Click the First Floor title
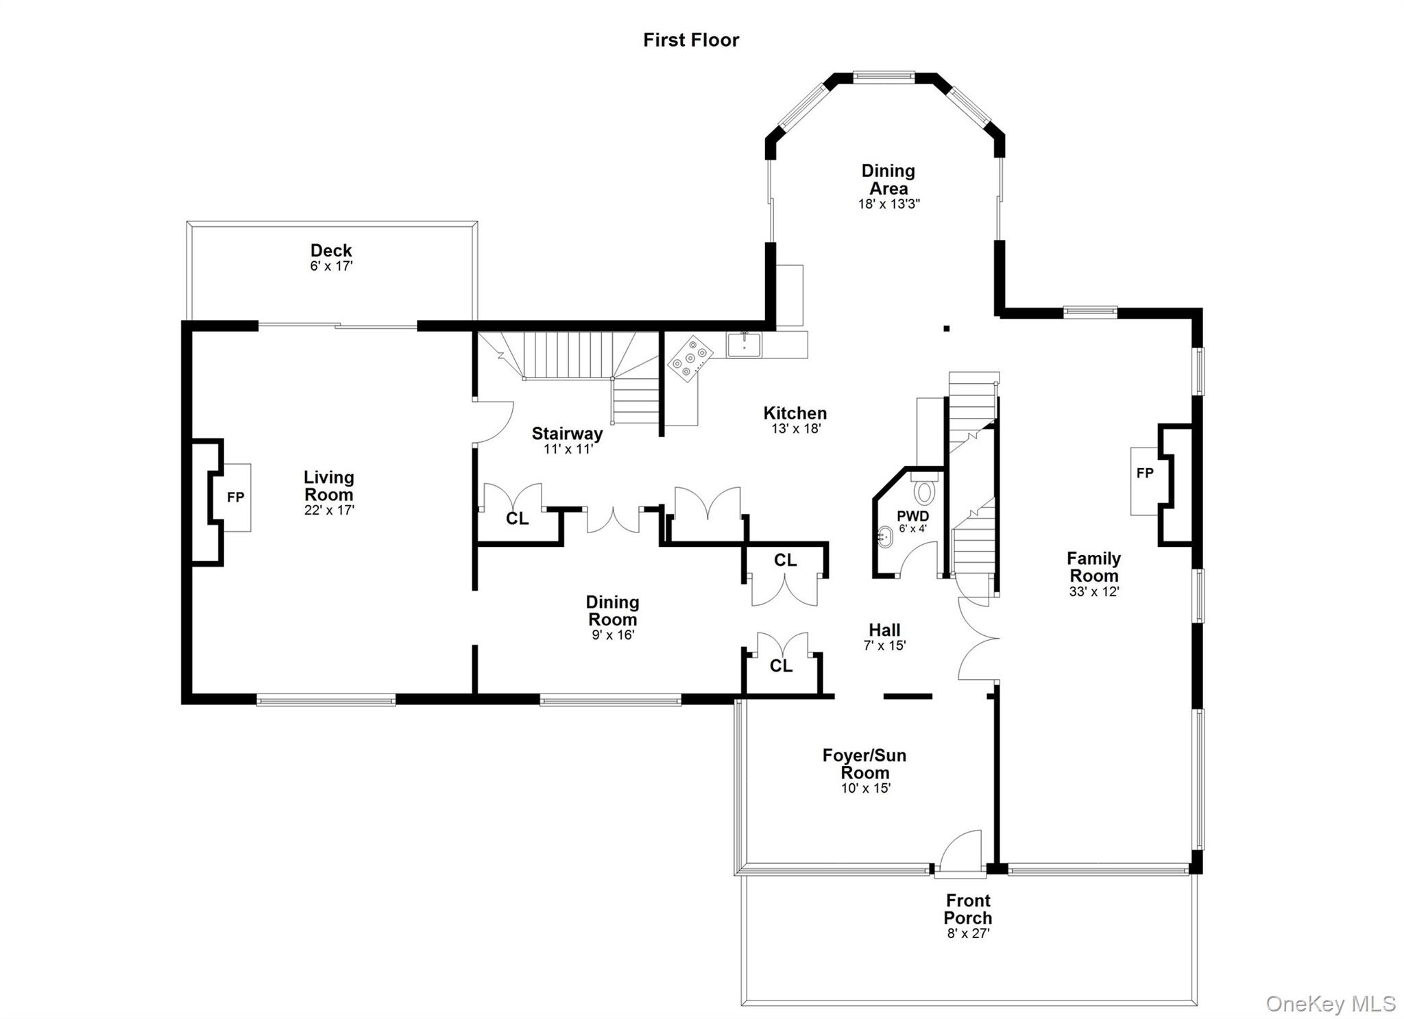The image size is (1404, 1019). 690,40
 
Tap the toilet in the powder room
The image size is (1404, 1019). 925,491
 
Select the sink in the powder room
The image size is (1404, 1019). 885,537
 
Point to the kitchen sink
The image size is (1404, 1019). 745,345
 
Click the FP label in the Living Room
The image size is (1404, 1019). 235,498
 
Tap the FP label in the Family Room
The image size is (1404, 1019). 1144,473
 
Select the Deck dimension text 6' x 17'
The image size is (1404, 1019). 331,267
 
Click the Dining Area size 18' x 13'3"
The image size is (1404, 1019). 888,204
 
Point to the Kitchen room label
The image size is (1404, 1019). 795,413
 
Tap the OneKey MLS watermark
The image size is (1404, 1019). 1330,1004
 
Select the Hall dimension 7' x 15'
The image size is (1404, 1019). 884,646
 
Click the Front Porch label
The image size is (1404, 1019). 967,909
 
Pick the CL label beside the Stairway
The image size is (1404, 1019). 517,519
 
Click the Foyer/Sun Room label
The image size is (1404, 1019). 864,764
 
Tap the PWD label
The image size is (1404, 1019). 912,516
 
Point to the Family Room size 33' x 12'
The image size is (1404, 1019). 1093,592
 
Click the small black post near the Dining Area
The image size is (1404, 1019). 946,329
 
